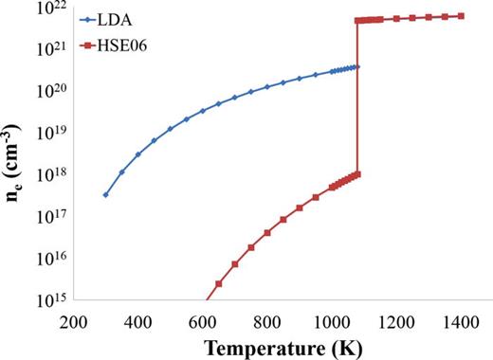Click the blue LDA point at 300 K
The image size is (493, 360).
[105, 194]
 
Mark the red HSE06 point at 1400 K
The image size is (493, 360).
[461, 16]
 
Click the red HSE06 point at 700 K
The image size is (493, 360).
[234, 264]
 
